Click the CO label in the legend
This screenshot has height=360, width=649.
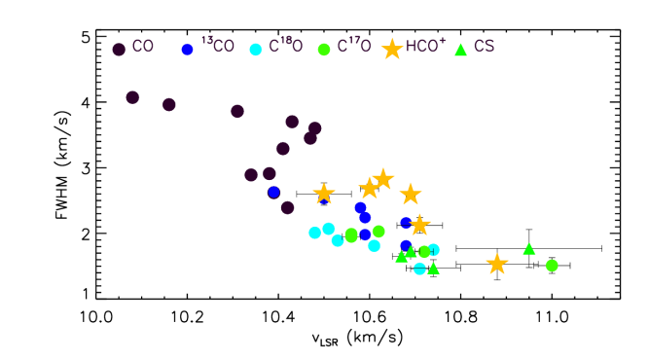[x=142, y=47]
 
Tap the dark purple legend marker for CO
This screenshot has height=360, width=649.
[x=119, y=50]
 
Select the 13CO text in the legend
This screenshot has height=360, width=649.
[x=217, y=47]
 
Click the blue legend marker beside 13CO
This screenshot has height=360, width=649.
[x=187, y=50]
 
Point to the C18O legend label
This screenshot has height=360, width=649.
[x=286, y=47]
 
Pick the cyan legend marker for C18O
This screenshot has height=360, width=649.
[x=256, y=50]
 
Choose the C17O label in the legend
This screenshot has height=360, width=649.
[x=354, y=47]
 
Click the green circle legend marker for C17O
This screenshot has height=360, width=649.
[x=324, y=50]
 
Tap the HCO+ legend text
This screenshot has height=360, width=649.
[x=425, y=47]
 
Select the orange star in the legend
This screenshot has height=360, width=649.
[x=392, y=49]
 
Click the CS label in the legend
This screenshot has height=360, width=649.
[x=484, y=47]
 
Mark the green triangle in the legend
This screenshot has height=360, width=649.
[x=461, y=50]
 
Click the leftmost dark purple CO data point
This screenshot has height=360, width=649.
[x=132, y=97]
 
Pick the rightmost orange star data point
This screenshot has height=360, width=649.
[x=497, y=264]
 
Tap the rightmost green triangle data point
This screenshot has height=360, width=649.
[x=529, y=249]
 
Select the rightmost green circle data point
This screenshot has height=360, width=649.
[x=552, y=266]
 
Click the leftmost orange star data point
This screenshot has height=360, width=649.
[x=324, y=194]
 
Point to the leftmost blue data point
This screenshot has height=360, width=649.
[x=273, y=192]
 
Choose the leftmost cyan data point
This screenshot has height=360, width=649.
[x=314, y=233]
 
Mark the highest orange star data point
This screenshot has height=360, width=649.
[x=383, y=179]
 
